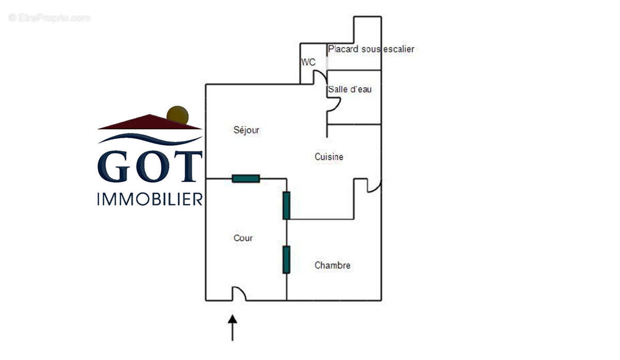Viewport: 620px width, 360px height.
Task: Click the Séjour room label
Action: click(246, 130)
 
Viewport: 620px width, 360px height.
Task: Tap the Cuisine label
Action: click(329, 156)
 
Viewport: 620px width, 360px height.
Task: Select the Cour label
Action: click(243, 238)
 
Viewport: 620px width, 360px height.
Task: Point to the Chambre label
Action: click(332, 265)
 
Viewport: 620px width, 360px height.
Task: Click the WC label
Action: click(308, 62)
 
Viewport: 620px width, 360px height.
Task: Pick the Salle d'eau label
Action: click(350, 89)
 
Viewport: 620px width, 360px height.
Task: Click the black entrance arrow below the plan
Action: click(233, 327)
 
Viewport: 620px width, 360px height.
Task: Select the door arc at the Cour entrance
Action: click(239, 293)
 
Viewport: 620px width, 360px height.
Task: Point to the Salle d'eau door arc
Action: click(334, 105)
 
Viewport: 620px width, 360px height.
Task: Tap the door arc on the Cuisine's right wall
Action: click(374, 186)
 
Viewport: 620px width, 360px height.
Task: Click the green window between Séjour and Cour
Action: click(246, 179)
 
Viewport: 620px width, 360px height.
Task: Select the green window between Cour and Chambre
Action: click(286, 259)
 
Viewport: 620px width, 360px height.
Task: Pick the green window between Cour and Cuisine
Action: click(286, 205)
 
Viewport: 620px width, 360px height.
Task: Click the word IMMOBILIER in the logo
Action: click(150, 199)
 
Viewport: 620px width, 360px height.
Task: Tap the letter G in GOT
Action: click(114, 166)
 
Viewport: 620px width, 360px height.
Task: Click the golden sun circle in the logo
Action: click(178, 115)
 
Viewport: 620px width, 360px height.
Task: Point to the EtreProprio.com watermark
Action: click(49, 18)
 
